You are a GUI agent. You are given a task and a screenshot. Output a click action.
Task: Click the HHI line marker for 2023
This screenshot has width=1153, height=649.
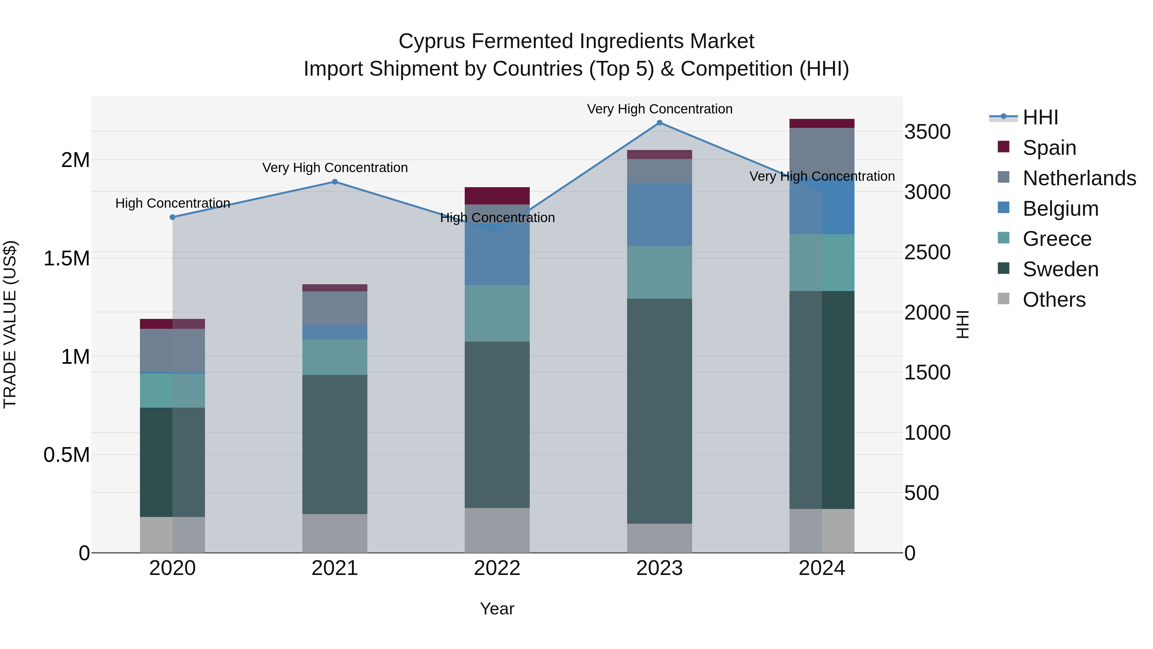click(x=659, y=123)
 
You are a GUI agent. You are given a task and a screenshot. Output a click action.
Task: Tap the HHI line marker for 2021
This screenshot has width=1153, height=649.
click(x=335, y=182)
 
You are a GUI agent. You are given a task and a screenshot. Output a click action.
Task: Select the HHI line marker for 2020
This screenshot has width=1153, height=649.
click(x=173, y=217)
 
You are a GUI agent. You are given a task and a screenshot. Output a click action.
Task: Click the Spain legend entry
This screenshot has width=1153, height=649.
click(x=1049, y=148)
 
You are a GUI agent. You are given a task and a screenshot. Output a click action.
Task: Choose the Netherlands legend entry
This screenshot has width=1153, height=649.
click(x=1079, y=178)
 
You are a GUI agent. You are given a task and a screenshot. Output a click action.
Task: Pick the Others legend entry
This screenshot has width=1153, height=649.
click(x=1054, y=300)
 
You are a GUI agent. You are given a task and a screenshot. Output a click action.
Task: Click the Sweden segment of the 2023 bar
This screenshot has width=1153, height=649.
click(x=659, y=411)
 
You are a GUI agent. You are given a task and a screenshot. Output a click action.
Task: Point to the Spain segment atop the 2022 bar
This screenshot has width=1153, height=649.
click(x=497, y=196)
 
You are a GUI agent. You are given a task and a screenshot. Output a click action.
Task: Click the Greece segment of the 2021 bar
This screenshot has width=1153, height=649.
click(x=335, y=357)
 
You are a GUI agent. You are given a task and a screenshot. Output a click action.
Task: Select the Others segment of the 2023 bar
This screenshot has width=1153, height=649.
click(x=659, y=538)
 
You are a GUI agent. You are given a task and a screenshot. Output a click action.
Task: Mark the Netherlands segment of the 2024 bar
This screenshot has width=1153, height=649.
click(x=822, y=152)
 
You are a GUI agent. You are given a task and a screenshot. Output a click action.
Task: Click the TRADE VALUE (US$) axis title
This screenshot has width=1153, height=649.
click(x=10, y=324)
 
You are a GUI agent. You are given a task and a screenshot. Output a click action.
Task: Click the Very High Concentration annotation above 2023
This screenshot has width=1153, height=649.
click(x=659, y=109)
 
